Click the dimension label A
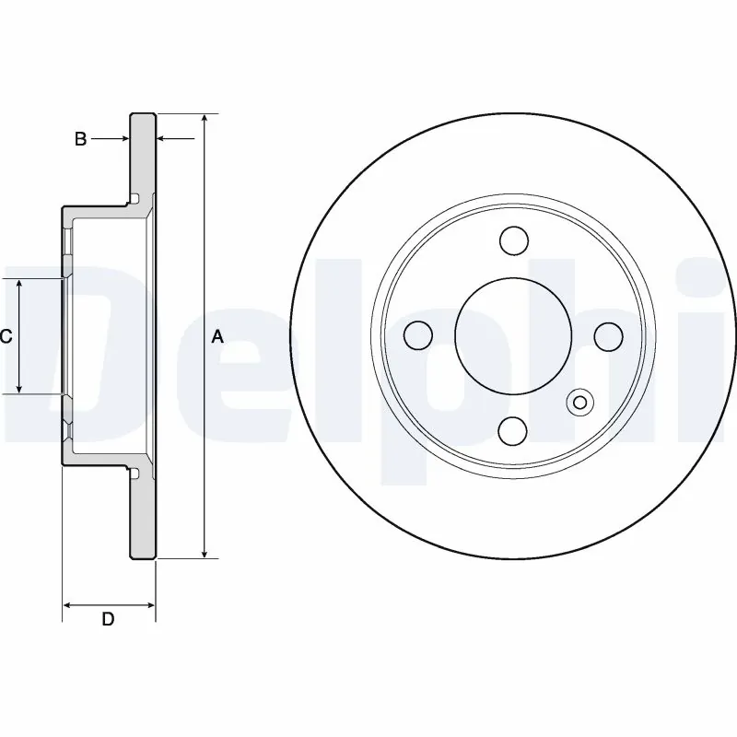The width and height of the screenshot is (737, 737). click(217, 337)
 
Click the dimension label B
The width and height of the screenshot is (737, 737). click(80, 139)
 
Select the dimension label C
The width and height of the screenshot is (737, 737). click(6, 337)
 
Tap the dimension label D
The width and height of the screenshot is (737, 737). click(108, 620)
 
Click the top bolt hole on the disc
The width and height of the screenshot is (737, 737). click(514, 241)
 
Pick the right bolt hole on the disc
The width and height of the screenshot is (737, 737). click(608, 336)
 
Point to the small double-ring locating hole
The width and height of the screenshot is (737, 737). click(580, 402)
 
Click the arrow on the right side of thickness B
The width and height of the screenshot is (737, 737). click(163, 139)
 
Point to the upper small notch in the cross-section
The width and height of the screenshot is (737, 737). click(135, 199)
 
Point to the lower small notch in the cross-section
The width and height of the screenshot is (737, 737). click(135, 474)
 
